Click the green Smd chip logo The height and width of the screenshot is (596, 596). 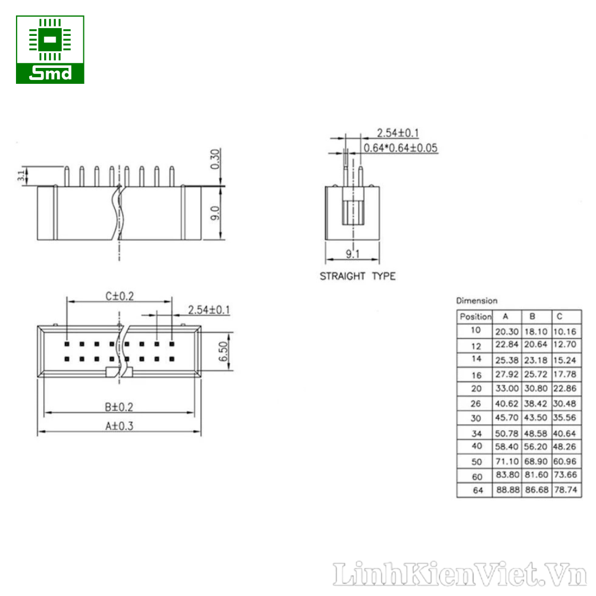pos(50,50)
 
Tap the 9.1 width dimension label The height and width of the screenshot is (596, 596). pos(353,254)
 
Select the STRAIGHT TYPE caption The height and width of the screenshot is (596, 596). pos(358,276)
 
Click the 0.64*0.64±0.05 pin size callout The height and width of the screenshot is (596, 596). pos(401,148)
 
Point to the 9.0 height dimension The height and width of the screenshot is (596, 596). pos(215,213)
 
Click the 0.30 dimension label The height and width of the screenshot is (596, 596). pos(215,159)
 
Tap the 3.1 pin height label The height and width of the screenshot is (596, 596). pos(22,175)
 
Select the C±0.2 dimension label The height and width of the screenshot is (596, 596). pos(120,296)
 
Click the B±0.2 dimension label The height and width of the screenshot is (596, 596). pos(119,407)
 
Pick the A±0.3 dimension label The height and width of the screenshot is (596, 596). pos(119,426)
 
